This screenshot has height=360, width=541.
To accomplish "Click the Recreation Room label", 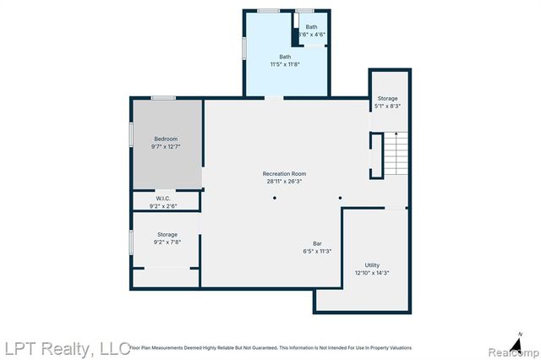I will point(285,172).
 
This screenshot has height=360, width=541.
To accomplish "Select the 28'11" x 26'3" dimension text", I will point(285,180).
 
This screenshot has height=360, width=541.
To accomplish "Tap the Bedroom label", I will point(166,139).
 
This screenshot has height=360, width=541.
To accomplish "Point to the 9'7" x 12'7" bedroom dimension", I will point(166,146).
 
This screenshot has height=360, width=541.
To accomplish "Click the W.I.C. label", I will point(163,199).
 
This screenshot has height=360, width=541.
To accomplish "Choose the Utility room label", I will point(372,265).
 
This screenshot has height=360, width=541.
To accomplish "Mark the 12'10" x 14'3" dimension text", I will point(372,273).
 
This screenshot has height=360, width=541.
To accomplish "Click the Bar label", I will point(317,243).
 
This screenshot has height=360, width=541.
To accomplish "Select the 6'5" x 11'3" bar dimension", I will point(317,251).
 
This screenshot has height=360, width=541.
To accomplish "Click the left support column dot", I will point(274,199).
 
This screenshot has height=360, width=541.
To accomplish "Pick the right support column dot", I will point(340,199).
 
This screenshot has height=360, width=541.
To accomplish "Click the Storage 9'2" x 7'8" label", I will point(167,237).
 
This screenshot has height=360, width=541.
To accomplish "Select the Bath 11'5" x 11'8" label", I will point(286,60).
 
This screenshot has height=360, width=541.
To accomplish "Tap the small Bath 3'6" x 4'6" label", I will point(312,30).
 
